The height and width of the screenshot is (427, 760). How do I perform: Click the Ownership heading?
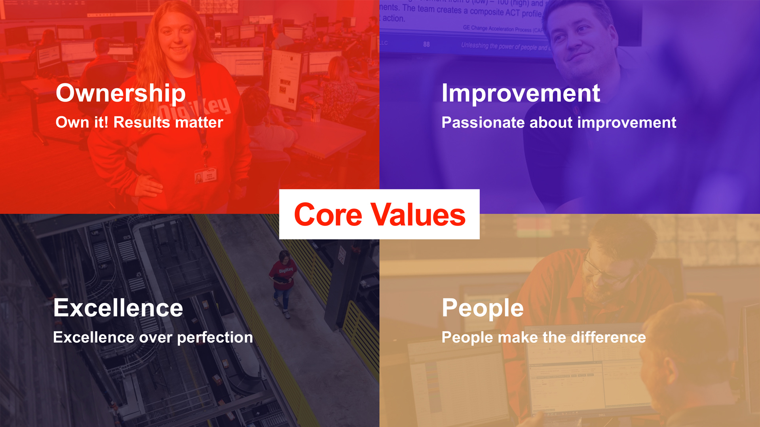pyautogui.click(x=121, y=94)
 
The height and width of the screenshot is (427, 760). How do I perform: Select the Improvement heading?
pyautogui.click(x=521, y=94)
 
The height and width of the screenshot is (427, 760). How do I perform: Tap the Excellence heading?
pyautogui.click(x=118, y=308)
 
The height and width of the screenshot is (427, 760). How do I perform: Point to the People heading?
pyautogui.click(x=483, y=308)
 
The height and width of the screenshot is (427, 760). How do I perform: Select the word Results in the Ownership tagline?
pyautogui.click(x=142, y=122)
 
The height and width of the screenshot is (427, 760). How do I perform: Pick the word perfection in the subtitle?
pyautogui.click(x=215, y=338)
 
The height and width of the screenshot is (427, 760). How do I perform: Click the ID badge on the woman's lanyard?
pyautogui.click(x=205, y=176)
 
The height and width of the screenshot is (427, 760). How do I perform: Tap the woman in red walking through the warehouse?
pyautogui.click(x=283, y=281)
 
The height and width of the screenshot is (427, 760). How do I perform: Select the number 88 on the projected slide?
pyautogui.click(x=426, y=44)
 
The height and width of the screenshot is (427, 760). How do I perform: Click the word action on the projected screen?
pyautogui.click(x=393, y=18)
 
